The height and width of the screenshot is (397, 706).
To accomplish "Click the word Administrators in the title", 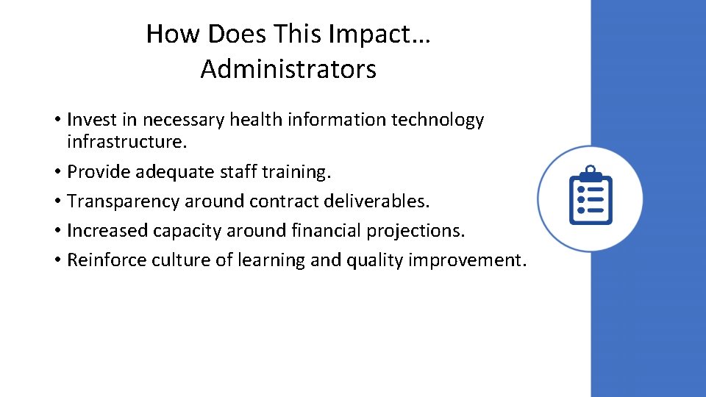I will pos(288,69).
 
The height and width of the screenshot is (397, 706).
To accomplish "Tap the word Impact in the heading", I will pos(375,34).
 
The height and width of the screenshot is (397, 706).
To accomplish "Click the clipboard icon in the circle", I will pos(590,196).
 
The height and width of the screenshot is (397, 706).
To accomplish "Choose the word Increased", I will pos(107,230).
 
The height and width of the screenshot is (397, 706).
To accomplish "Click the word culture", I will pos(177,260).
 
